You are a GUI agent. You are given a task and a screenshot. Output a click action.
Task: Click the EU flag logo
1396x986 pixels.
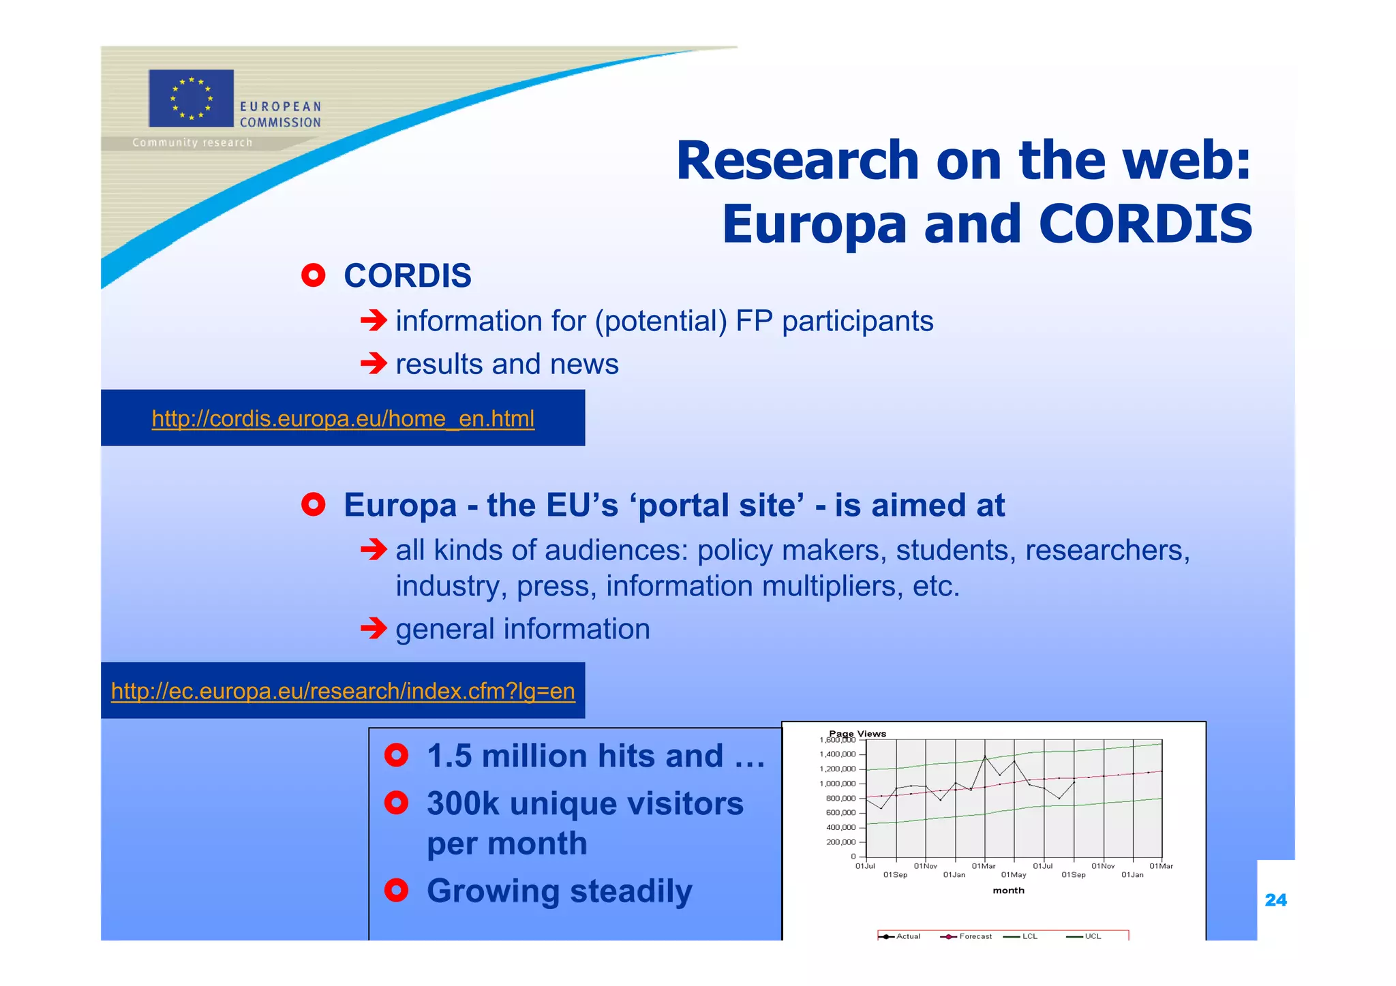click(191, 98)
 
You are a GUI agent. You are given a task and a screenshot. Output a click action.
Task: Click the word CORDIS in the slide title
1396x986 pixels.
click(1145, 224)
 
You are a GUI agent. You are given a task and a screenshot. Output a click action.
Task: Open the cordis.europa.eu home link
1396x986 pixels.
click(343, 418)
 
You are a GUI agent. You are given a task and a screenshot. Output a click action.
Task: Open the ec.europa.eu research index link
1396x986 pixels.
click(343, 691)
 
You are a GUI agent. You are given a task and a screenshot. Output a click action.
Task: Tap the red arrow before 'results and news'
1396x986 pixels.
click(374, 363)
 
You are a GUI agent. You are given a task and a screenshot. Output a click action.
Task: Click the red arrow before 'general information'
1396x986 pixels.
click(374, 628)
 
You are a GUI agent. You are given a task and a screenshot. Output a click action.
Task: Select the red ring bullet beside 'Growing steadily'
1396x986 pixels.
click(396, 890)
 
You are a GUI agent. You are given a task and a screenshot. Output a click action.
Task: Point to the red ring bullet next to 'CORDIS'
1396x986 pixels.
click(313, 275)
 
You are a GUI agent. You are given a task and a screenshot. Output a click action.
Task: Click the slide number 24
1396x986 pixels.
click(1275, 900)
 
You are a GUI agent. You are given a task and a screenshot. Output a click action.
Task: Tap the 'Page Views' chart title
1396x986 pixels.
click(858, 733)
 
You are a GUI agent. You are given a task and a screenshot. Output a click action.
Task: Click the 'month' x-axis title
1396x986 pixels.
click(1008, 891)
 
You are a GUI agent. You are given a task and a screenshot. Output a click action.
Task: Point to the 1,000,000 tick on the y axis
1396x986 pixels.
click(837, 784)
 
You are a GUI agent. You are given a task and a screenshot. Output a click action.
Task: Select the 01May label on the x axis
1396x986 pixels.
click(1014, 875)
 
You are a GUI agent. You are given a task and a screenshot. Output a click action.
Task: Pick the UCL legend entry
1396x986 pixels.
click(1092, 936)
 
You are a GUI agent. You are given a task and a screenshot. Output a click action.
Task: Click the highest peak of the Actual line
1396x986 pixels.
click(985, 757)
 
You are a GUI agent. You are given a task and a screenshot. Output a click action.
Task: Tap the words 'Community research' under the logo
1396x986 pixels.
click(192, 142)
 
